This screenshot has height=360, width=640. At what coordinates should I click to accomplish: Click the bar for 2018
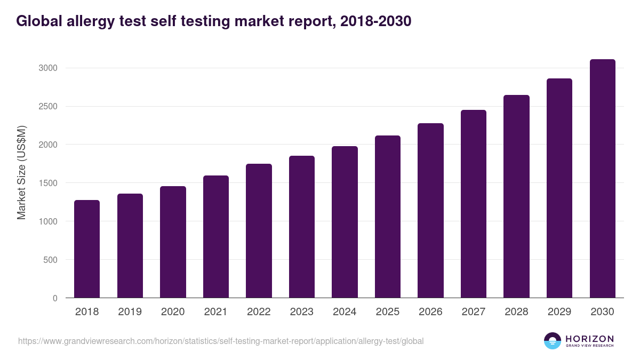pos(87,249)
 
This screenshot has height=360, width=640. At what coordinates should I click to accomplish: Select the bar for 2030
pos(602,179)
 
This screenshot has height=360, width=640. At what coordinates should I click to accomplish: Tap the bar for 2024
pos(345,222)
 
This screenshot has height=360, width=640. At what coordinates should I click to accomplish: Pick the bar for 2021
pos(216,237)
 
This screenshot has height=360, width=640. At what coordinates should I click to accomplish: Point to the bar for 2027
pos(474,204)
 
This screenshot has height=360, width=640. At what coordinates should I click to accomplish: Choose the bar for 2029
pos(559,188)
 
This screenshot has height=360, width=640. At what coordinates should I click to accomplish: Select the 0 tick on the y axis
pos(55,298)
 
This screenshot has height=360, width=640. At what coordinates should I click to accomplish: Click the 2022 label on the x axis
pos(259,312)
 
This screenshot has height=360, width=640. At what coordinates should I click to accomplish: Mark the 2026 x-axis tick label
pos(430,312)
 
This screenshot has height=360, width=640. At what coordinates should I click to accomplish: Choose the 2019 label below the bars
pos(130,312)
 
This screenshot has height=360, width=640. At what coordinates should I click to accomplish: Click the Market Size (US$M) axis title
pos(22,173)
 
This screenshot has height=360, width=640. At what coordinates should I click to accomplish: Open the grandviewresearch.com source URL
pos(221,341)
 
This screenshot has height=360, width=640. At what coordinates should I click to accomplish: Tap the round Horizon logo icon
pos(553,341)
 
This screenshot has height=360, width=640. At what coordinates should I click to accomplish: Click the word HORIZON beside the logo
pos(589,339)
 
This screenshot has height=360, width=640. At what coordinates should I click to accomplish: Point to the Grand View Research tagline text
pos(589,346)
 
